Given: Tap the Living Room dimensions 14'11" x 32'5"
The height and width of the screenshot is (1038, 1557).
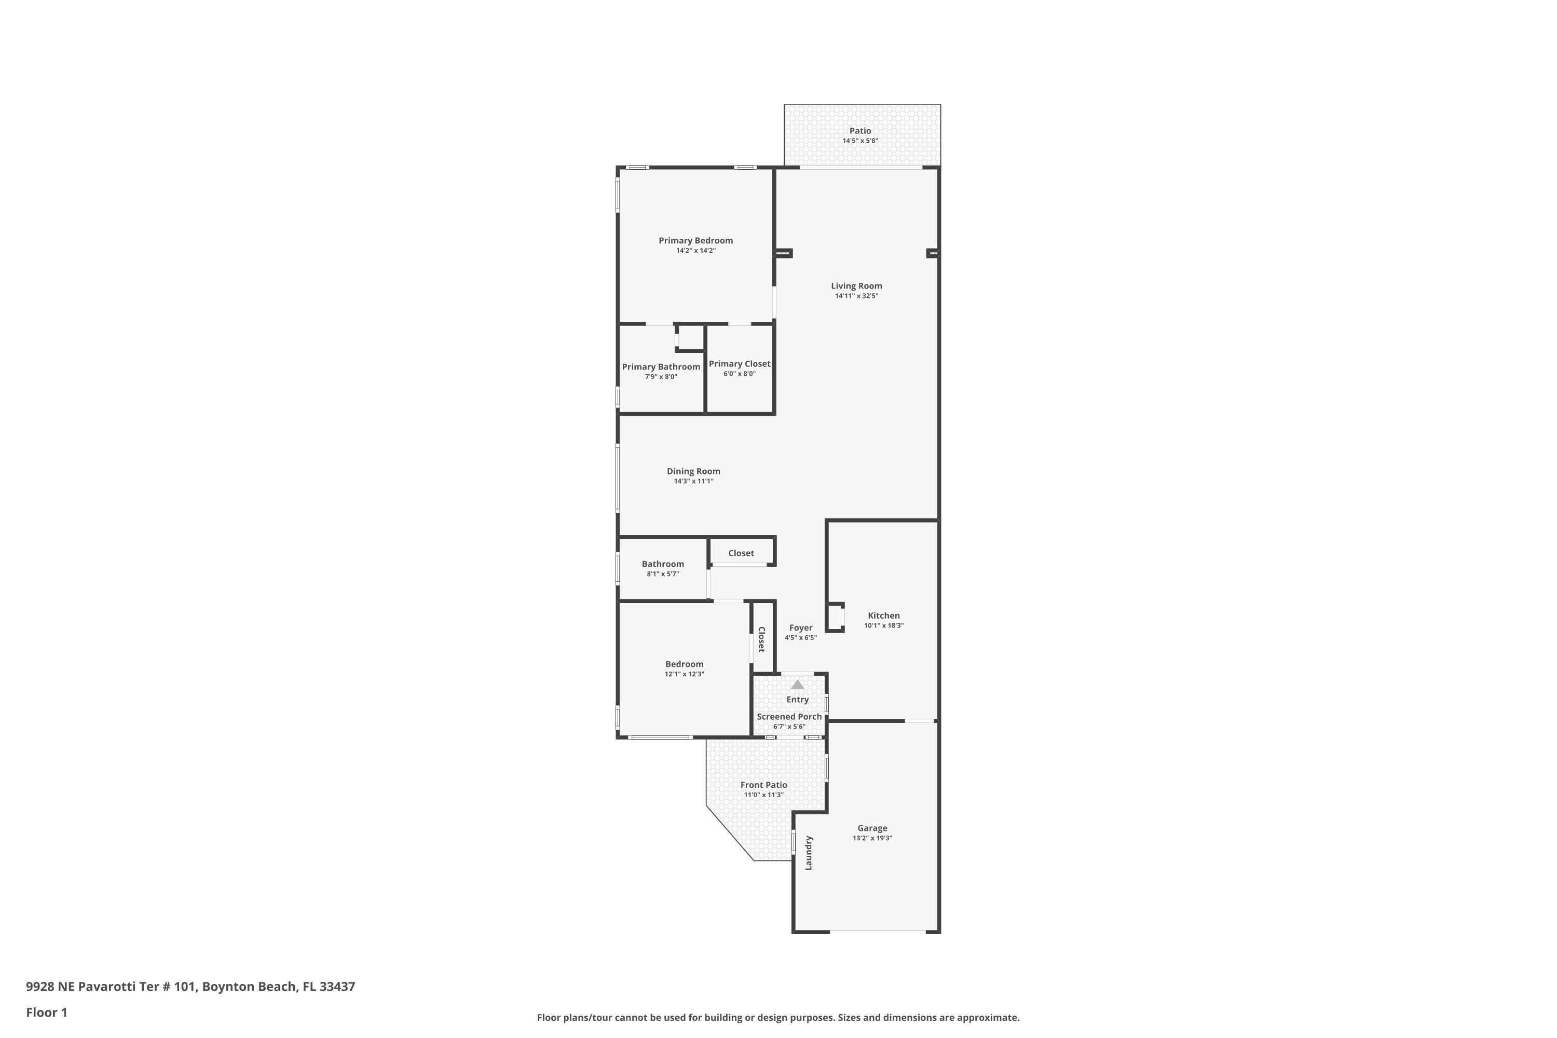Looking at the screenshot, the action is pos(857,296).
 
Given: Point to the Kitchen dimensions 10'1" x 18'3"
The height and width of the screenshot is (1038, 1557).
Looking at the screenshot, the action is pos(884,625).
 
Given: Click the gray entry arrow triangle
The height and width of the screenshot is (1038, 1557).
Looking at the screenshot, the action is pos(798,685).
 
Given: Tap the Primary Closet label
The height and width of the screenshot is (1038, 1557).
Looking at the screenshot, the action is pos(740,363).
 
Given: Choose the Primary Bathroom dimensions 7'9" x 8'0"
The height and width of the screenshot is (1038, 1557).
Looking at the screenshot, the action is pos(661,377).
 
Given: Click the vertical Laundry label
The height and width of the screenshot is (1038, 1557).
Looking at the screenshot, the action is pos(808,853).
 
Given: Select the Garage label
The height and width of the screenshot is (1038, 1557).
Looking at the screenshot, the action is pos(872,828).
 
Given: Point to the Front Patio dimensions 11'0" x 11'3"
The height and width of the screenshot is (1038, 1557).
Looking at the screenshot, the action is pos(763,795).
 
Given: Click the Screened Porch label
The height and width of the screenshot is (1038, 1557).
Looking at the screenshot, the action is pos(789,716).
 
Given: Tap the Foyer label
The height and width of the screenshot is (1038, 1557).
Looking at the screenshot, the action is pos(800,627).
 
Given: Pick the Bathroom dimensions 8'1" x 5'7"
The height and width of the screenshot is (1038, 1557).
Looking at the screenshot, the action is pos(663,574).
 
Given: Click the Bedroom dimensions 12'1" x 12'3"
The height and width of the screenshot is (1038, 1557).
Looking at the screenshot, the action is pos(685,674).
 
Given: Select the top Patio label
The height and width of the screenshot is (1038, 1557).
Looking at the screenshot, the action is pos(860,131).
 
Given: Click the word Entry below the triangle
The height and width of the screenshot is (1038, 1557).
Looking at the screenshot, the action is pos(798,700).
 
